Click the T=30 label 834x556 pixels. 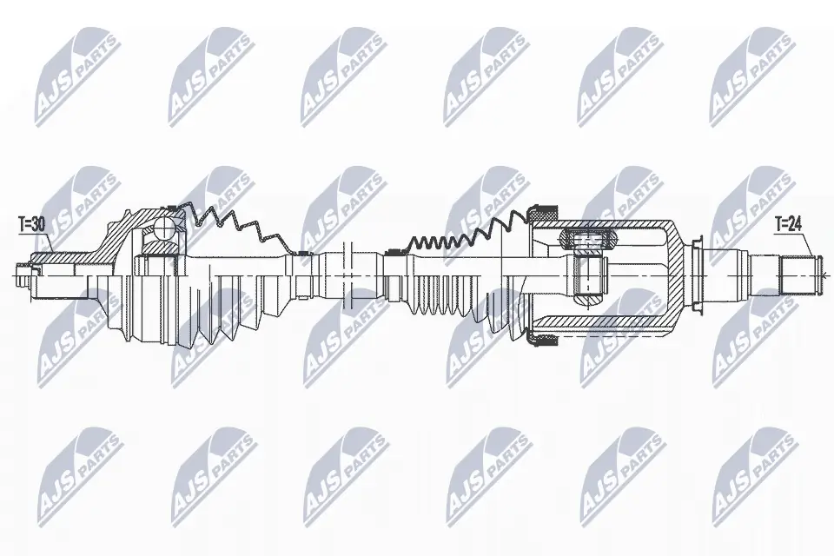(32, 224)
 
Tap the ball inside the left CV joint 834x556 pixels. (162, 231)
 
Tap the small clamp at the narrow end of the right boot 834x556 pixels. (392, 253)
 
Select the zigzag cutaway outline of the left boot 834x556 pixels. (235, 226)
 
